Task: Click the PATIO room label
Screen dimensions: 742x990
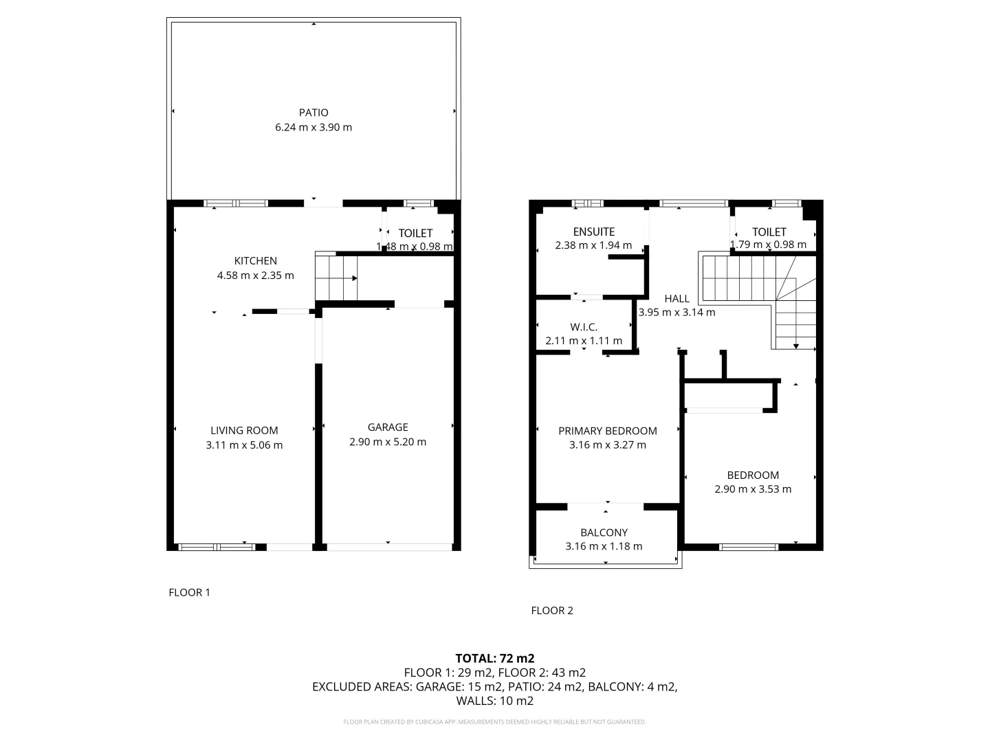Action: pos(313,113)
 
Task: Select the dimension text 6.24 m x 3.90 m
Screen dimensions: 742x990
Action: pos(313,127)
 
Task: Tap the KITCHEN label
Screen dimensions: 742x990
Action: pos(256,260)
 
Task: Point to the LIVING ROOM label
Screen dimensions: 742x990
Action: pos(244,430)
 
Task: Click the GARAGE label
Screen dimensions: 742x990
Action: pos(388,427)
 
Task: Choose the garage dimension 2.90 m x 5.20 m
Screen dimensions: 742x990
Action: pos(388,442)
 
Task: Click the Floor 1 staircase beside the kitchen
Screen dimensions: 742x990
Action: pos(336,277)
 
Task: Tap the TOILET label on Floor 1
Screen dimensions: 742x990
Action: pos(415,234)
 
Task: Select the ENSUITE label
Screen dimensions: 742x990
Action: pos(593,232)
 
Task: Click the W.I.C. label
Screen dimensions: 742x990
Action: pos(584,327)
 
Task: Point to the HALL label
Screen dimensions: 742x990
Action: pos(676,298)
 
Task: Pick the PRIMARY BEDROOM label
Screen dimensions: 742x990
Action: pos(608,431)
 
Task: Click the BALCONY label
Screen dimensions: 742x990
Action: pos(604,532)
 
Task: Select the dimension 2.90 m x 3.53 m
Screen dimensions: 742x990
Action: pos(753,489)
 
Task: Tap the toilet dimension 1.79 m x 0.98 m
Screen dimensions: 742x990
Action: pos(769,245)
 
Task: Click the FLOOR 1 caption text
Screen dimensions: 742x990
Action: pos(189,592)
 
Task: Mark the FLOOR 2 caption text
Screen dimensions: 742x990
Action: pos(552,610)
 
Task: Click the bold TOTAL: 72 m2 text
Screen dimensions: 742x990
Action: pos(495,658)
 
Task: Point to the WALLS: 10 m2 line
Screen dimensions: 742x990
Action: pos(495,701)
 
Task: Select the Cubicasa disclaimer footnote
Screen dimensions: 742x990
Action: pos(495,722)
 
